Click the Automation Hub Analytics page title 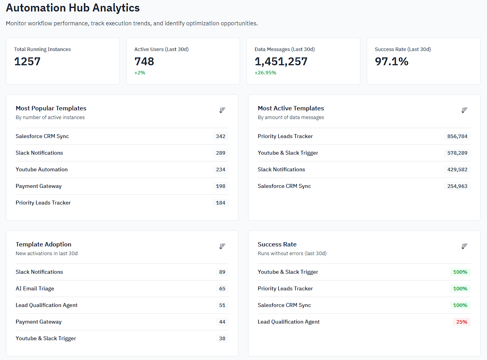point(73,8)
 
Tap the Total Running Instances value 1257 point(27,61)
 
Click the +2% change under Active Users point(140,73)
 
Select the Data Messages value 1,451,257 point(281,61)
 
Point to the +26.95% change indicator point(265,73)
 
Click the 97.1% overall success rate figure point(392,61)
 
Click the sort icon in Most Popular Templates point(222,110)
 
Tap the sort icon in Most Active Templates point(464,110)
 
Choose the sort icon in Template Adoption point(222,246)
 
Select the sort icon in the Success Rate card point(464,246)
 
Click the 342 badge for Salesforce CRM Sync point(221,136)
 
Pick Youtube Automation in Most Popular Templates point(42,169)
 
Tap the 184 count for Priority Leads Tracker point(221,203)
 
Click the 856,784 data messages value point(457,136)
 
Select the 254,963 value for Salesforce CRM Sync point(457,186)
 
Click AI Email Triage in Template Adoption point(35,288)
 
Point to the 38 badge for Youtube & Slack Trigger point(222,338)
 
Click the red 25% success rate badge point(462,322)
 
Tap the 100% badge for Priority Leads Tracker point(460,288)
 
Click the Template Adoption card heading point(44,244)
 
